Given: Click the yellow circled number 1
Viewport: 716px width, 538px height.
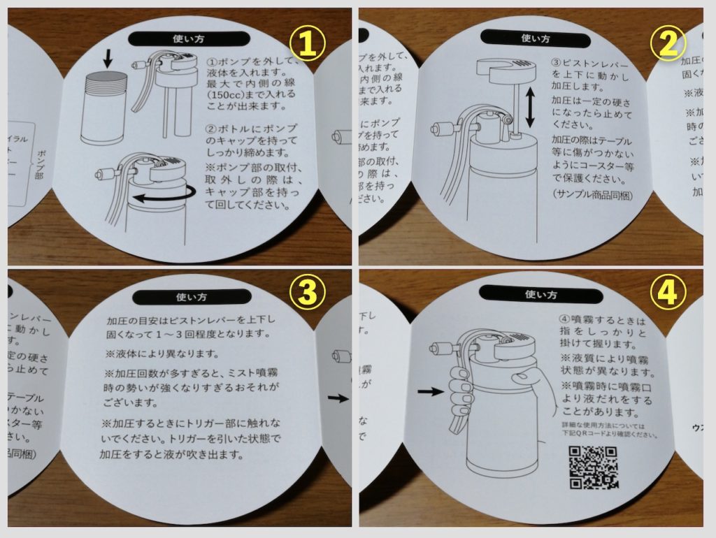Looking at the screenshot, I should pos(308,44).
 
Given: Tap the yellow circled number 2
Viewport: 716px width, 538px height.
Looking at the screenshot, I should pos(667,44).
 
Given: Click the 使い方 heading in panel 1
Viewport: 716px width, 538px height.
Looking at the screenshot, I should pos(188,39).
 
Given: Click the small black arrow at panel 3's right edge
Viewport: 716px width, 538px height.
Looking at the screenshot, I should pos(337,398).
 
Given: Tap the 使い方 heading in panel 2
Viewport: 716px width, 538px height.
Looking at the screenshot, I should pos(536,39).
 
